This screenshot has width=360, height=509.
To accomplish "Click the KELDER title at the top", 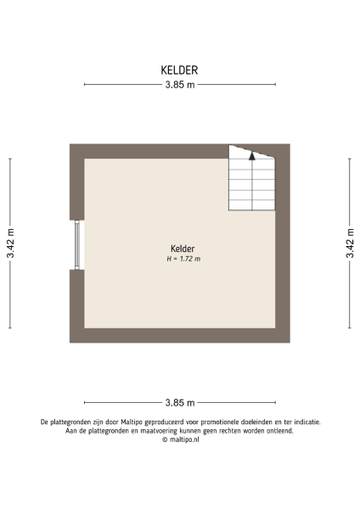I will pos(179,70).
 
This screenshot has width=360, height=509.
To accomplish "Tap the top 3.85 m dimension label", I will pos(179,84).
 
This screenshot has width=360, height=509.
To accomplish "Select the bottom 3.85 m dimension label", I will pos(179,402).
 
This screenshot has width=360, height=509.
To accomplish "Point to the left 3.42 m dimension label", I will pos(10,243).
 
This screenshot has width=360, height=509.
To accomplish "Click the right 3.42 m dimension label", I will pos(350,243).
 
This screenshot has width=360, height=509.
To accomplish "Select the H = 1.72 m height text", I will pos(183,258).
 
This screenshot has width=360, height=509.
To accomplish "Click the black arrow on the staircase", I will pos(252,155).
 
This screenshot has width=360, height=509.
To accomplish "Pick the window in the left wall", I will pos(77,245).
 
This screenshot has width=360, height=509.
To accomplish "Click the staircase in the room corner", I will pos(252,180).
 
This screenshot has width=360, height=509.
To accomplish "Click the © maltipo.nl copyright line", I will pos(179,439).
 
